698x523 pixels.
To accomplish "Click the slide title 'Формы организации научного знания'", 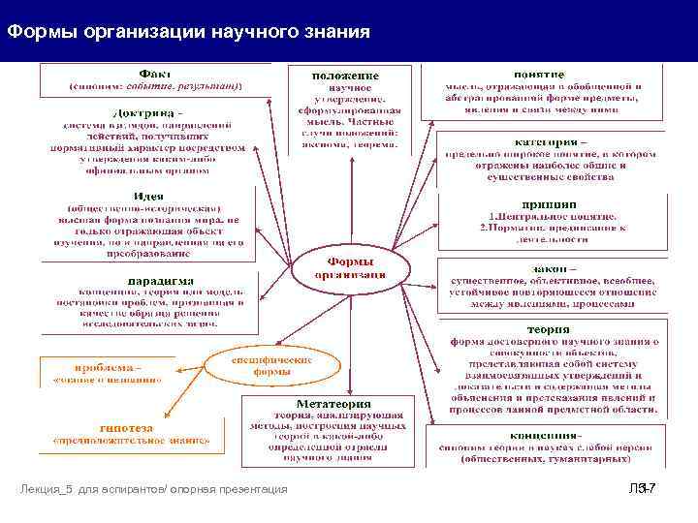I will [x=188, y=33].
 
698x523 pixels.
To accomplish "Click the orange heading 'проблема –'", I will [x=109, y=367].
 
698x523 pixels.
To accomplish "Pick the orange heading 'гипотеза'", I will [x=127, y=427].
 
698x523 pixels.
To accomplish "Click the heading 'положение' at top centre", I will [x=345, y=76].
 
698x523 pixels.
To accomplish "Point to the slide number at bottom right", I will [x=643, y=489].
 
